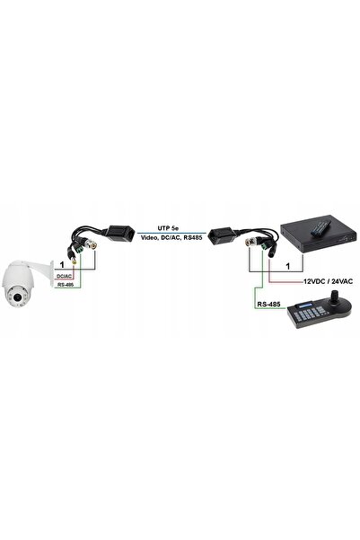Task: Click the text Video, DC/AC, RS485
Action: point(171,237)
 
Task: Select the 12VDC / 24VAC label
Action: point(328,281)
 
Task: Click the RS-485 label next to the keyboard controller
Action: point(268,304)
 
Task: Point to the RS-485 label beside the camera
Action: point(66,285)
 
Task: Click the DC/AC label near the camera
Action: point(65,276)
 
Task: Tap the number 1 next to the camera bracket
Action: point(62,265)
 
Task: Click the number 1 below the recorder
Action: point(288,266)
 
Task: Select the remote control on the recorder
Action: point(320,228)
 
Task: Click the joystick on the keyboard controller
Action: point(334,298)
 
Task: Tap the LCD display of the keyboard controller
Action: point(305,305)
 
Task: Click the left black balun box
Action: point(120,233)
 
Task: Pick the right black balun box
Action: point(224,235)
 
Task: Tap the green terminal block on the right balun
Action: point(266,245)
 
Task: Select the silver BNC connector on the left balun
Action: point(92,245)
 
